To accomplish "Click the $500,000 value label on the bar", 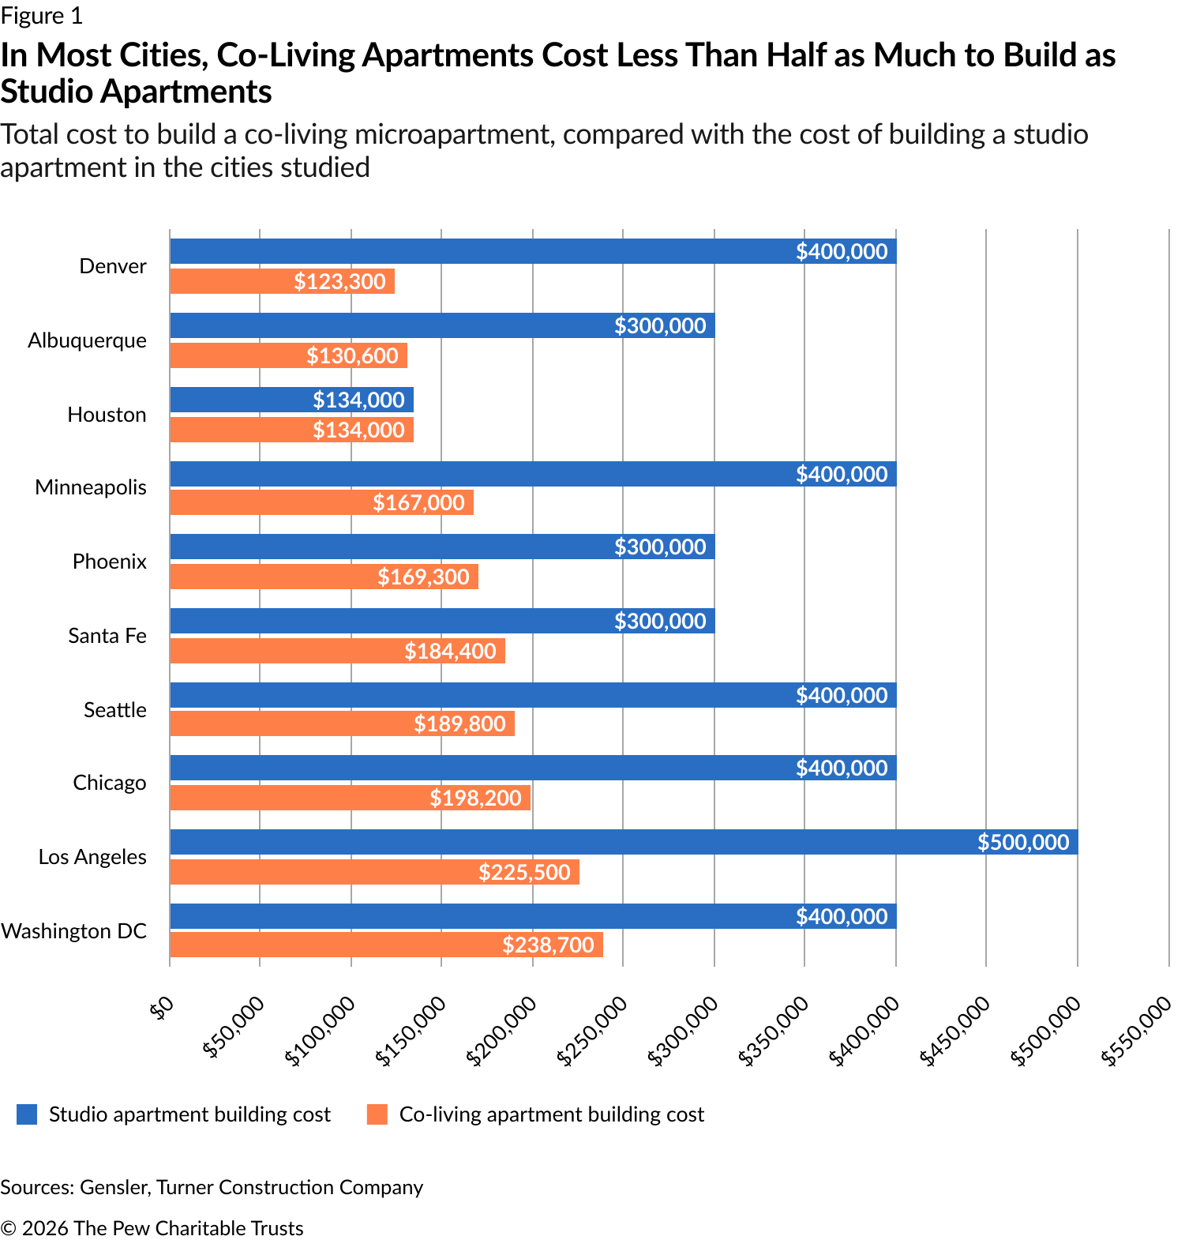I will (1023, 842).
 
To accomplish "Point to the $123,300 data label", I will (339, 281).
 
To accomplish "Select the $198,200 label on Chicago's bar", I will (475, 798).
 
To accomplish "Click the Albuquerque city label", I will (87, 340).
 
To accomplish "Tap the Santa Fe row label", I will (107, 636).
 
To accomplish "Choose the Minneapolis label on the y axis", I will (91, 487).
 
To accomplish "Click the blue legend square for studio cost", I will (27, 1114).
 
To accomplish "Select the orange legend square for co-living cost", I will (377, 1114).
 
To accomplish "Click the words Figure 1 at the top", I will (41, 16).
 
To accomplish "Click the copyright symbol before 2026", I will (9, 1228).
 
